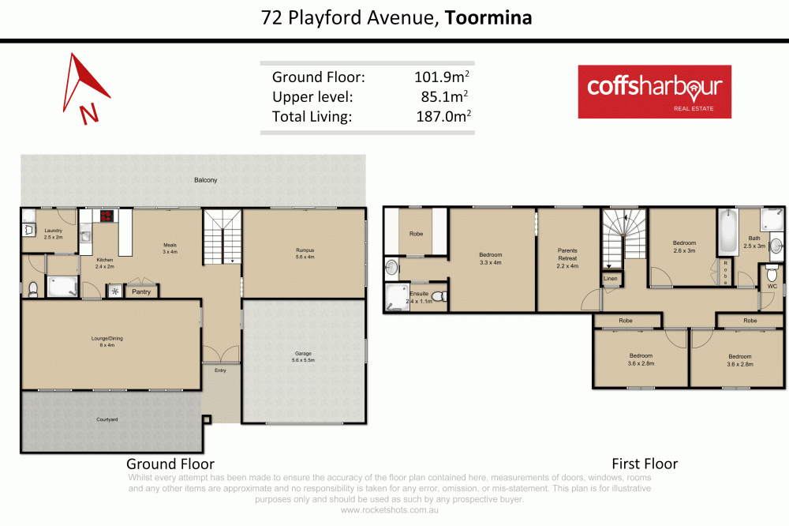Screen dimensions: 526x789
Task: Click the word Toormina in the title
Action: tap(488, 17)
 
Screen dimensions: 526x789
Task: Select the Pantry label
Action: tap(141, 291)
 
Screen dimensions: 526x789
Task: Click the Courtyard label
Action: tap(107, 419)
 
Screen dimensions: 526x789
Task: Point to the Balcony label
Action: tap(205, 180)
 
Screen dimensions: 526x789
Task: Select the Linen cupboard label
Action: tap(611, 279)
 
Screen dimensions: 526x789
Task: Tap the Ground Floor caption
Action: tap(170, 464)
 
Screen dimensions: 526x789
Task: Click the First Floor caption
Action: tap(645, 464)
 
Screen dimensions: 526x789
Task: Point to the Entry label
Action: tap(219, 369)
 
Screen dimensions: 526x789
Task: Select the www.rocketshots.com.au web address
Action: tap(391, 510)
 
